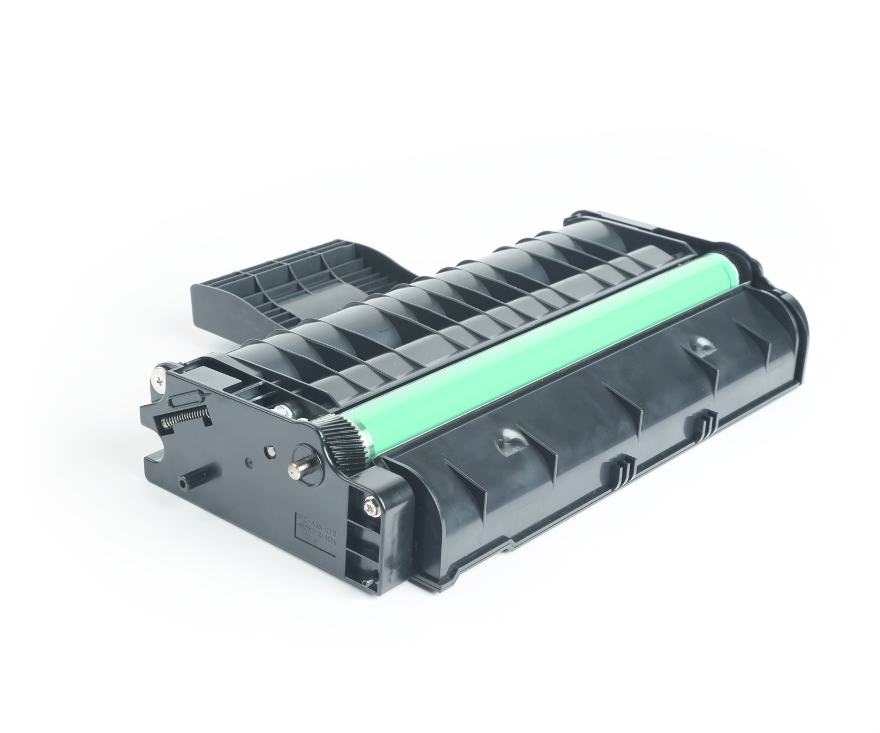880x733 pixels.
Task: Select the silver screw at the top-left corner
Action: click(160, 378)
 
